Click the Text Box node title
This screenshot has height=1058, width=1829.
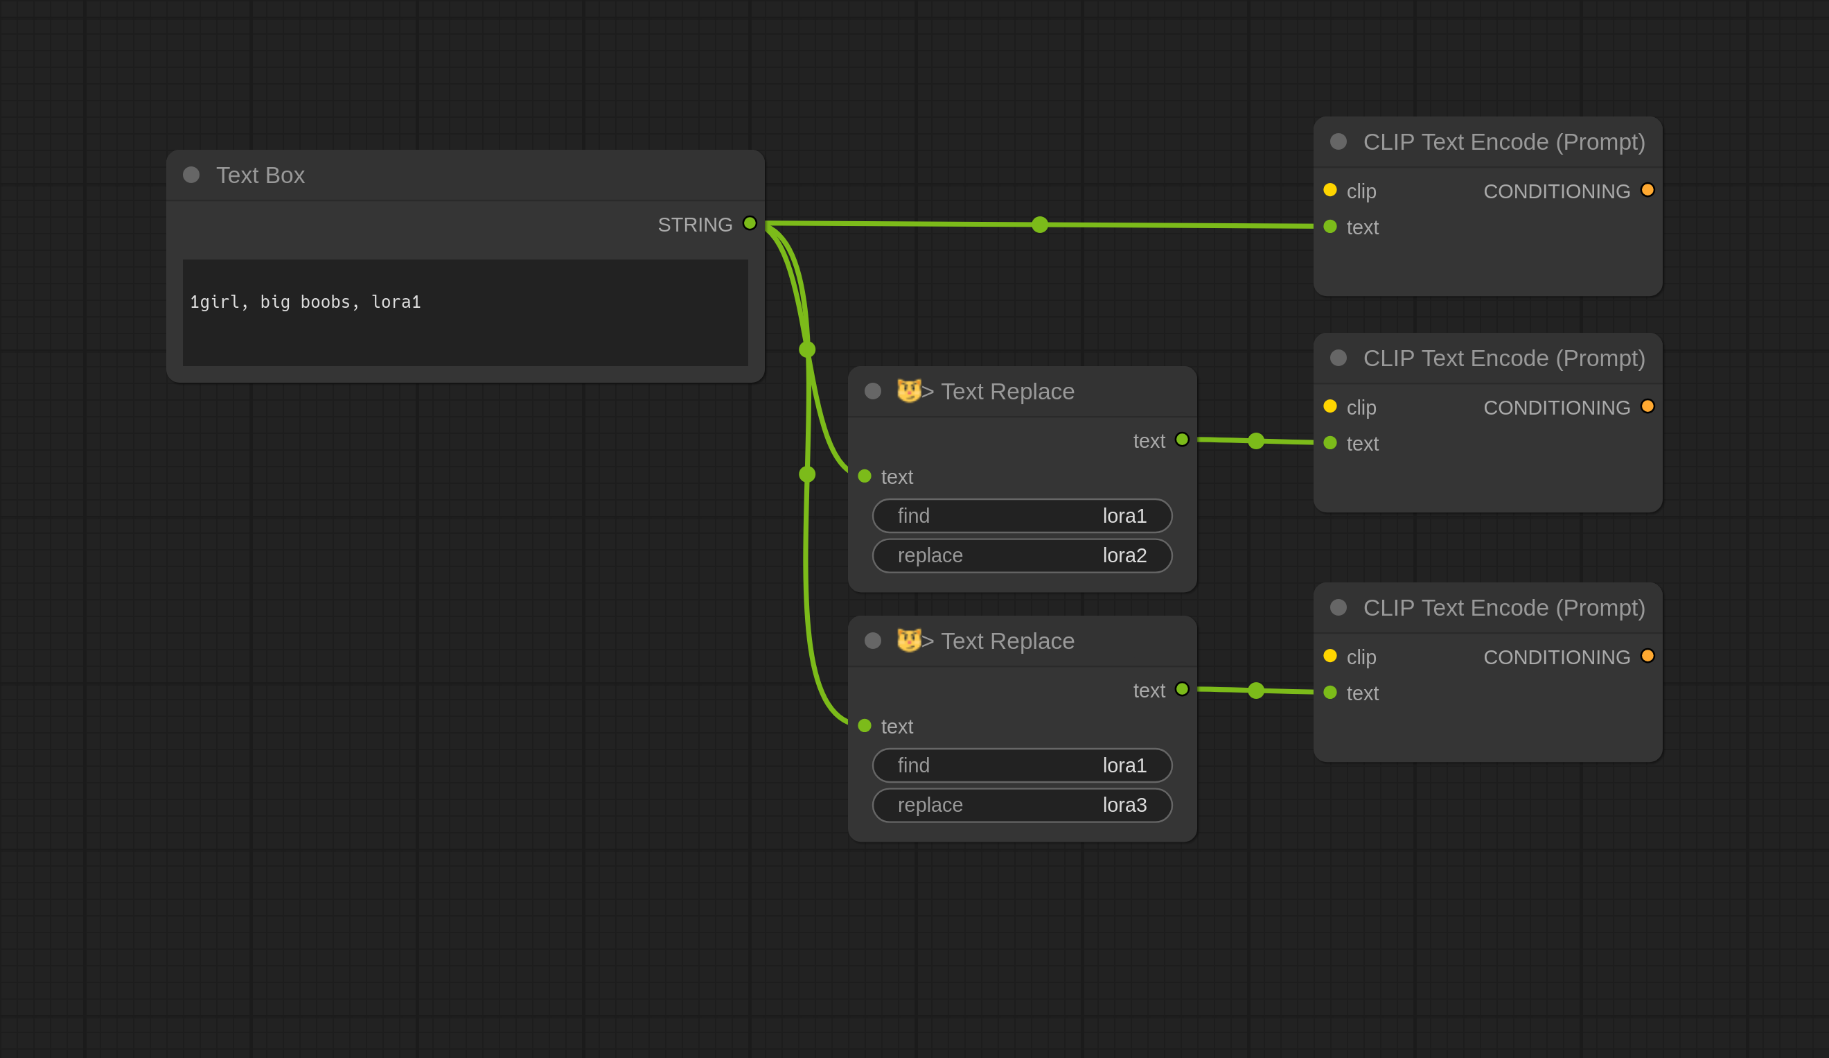260,175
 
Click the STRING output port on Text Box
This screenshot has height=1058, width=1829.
750,223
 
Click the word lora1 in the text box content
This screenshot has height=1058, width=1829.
396,302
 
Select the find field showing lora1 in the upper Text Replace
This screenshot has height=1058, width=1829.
1022,516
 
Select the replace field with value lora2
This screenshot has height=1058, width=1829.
1022,555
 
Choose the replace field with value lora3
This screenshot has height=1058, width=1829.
1022,806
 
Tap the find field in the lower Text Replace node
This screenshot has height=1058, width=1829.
1022,765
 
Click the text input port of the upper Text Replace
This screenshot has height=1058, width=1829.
865,476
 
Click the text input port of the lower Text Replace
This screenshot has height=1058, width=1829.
865,725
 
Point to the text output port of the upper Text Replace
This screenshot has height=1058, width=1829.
1183,440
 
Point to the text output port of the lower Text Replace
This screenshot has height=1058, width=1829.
1183,689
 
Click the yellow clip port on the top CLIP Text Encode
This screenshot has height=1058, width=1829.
1330,189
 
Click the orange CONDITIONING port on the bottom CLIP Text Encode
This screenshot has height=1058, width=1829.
1647,656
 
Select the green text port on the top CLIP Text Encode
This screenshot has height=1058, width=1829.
1330,227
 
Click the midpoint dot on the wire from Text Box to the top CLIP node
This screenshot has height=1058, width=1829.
1040,225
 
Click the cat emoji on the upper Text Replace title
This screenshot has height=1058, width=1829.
909,390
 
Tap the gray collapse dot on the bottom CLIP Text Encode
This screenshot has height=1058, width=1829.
1338,608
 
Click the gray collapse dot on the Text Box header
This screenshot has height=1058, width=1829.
191,175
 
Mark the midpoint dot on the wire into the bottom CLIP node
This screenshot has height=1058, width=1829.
1256,691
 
